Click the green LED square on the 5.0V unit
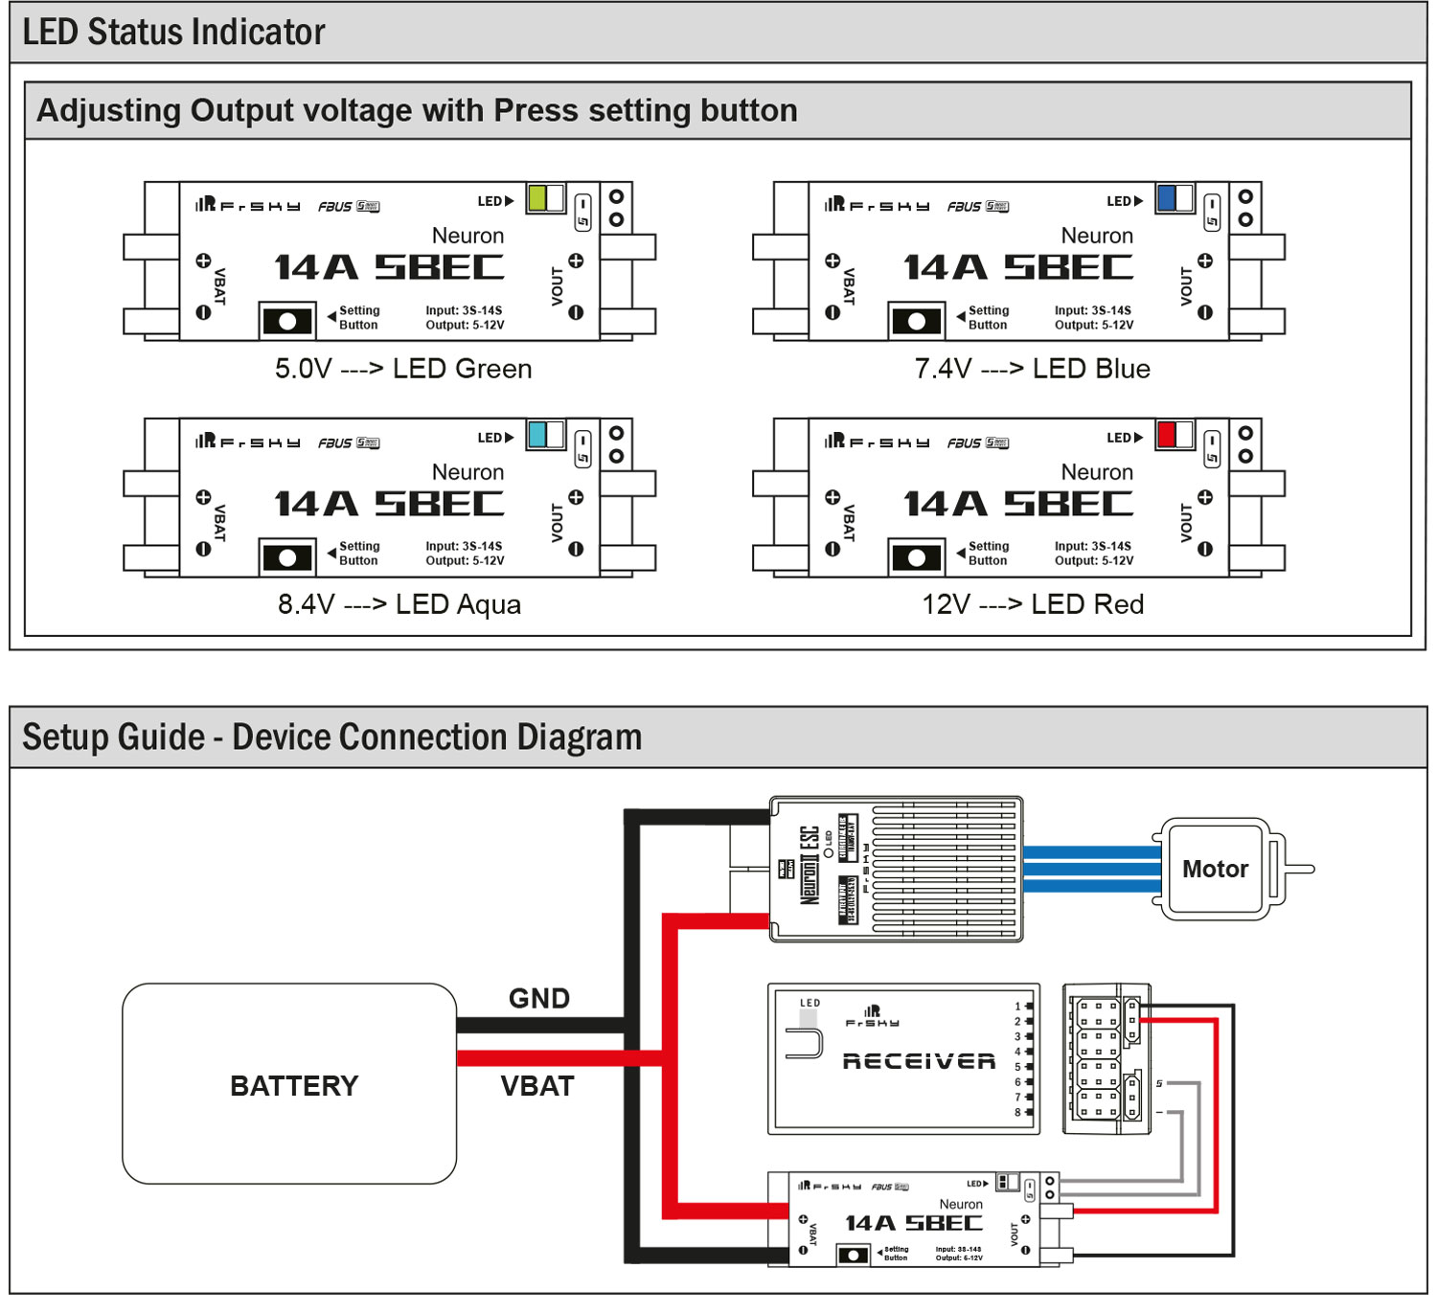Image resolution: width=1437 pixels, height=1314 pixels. tap(536, 198)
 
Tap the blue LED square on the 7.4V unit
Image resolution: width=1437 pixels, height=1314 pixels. tap(1166, 198)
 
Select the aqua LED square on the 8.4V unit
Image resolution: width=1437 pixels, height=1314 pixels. tap(536, 435)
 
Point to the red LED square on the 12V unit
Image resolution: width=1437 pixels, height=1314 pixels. tap(1166, 435)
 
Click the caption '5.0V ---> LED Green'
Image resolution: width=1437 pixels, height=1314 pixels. tap(403, 369)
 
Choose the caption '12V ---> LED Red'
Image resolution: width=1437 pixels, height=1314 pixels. tap(1033, 604)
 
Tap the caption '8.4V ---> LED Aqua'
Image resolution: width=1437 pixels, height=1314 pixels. tap(399, 604)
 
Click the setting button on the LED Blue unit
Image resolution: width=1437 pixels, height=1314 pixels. tap(917, 321)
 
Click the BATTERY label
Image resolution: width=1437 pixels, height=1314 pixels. tap(294, 1086)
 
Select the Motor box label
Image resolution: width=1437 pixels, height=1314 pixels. tap(1215, 870)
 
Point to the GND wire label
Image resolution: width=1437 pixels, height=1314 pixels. tap(539, 999)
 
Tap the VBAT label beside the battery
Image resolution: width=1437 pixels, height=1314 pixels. tap(537, 1087)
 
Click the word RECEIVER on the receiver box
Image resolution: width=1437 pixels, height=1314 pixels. tap(919, 1061)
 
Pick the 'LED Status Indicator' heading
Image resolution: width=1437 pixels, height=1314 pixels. tap(173, 33)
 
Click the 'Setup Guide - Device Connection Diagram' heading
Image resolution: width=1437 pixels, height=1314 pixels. tap(331, 737)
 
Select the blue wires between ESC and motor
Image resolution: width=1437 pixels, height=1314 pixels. tap(1091, 870)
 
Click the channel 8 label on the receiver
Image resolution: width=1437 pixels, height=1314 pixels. tap(1017, 1112)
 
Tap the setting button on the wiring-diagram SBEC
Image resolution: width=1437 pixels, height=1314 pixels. tap(853, 1255)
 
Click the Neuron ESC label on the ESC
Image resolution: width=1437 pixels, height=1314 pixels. tap(810, 866)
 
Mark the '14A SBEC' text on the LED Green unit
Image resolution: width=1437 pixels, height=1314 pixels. tap(389, 267)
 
